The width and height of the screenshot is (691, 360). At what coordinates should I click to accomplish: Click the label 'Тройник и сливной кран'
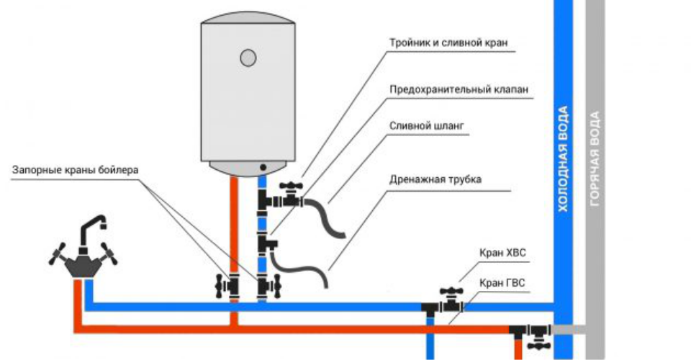click(x=449, y=42)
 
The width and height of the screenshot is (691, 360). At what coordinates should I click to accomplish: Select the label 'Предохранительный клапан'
click(x=459, y=90)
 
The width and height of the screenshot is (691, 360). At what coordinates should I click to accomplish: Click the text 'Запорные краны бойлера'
click(x=76, y=171)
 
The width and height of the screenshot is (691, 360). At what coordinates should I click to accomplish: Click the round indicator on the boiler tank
click(x=247, y=57)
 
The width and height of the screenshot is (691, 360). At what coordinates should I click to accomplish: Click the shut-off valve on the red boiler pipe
click(x=230, y=287)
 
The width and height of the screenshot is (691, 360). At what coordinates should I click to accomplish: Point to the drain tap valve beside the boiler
click(x=290, y=194)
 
